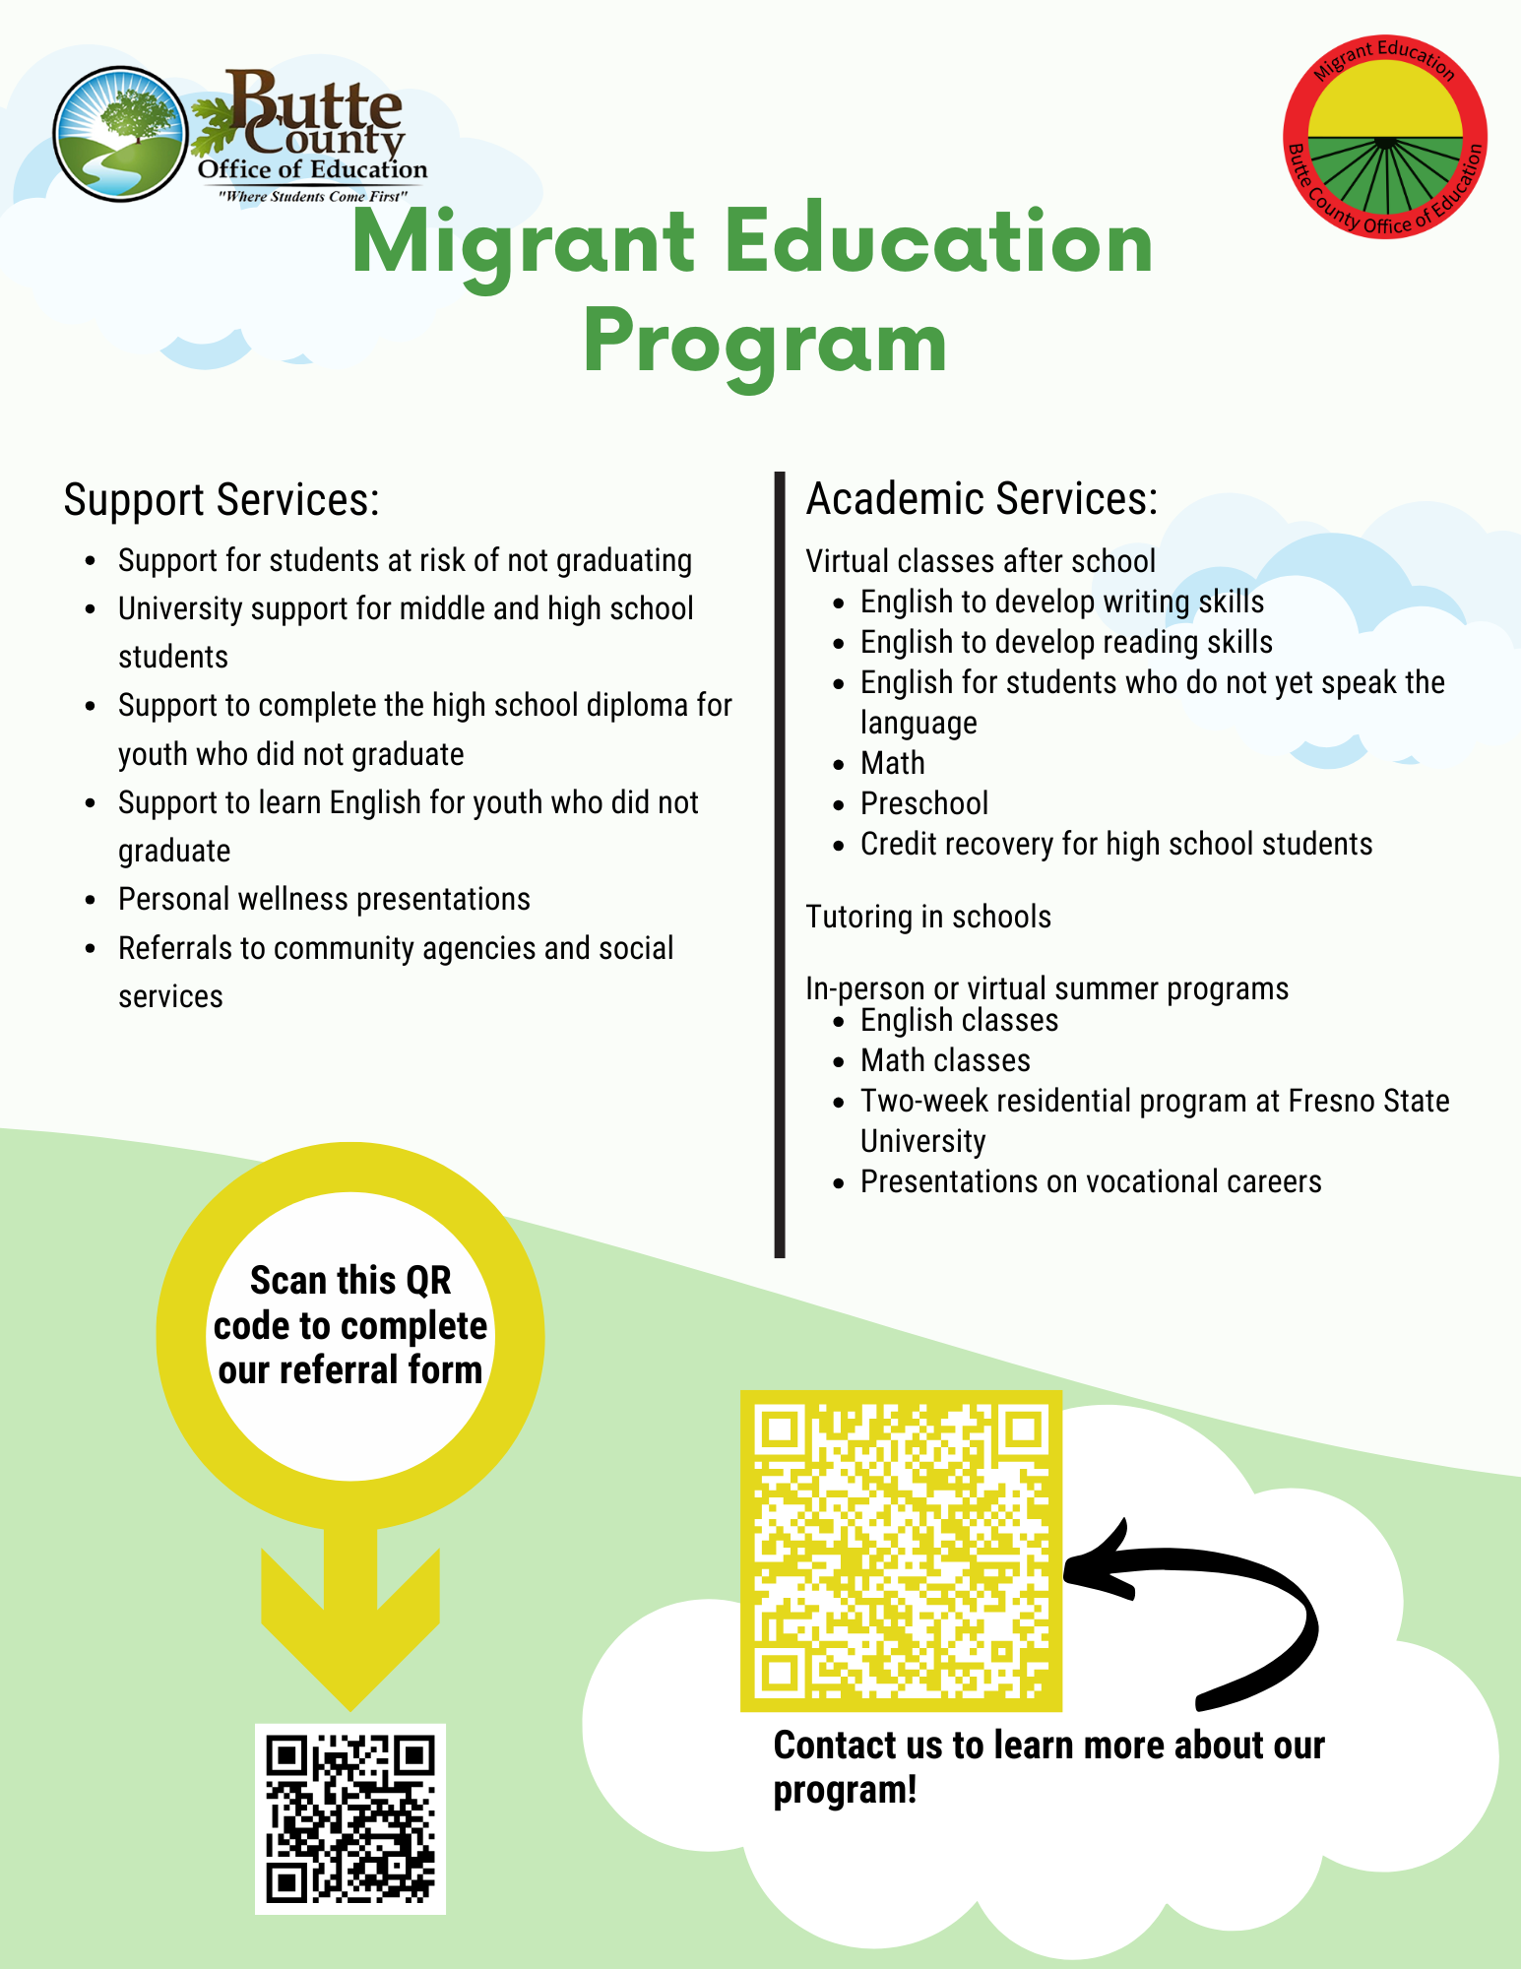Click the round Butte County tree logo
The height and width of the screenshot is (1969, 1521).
[120, 135]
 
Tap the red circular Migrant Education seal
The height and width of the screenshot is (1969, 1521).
[1384, 137]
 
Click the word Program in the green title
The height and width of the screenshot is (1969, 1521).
[765, 342]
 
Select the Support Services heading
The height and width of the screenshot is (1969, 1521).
[222, 499]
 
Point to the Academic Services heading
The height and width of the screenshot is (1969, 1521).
[982, 498]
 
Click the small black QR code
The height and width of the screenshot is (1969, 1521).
[349, 1818]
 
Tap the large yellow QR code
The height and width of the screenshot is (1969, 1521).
[901, 1551]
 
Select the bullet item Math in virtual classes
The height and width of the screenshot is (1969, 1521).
[892, 763]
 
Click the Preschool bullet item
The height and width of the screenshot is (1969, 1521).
[923, 803]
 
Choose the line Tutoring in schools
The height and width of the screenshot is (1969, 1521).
[928, 917]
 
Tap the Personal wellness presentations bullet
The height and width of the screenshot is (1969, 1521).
[324, 899]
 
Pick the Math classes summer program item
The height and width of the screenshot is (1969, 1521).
[945, 1060]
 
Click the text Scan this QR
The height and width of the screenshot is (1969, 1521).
[350, 1281]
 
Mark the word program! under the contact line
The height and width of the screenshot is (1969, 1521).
[845, 1790]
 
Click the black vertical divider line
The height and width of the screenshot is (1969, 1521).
[780, 866]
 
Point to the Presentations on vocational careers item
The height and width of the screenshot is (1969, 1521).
[1091, 1181]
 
